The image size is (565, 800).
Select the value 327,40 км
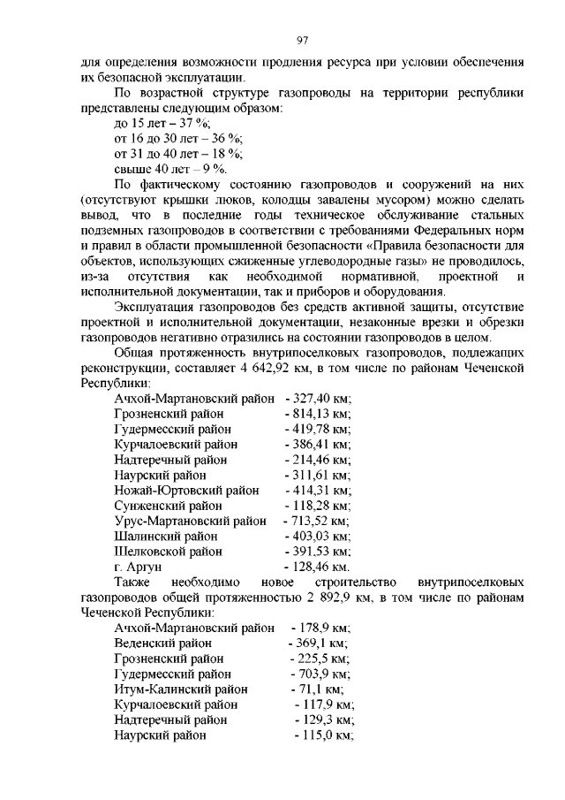tap(319, 400)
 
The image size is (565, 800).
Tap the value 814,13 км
tap(319, 415)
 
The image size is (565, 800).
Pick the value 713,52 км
tap(317, 521)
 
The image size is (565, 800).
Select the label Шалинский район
tap(167, 536)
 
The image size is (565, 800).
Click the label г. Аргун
tap(138, 567)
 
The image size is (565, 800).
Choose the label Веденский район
tap(163, 643)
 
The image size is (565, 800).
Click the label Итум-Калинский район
tap(181, 689)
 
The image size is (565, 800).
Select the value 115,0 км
tap(325, 735)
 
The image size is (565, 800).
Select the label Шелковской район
tap(168, 552)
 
